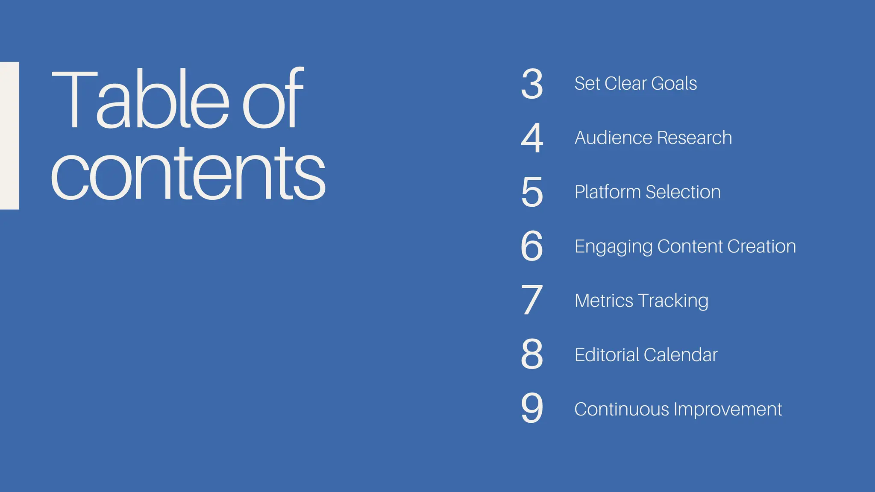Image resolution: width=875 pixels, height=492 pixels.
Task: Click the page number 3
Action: [532, 84]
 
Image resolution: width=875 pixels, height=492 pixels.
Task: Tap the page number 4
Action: [532, 138]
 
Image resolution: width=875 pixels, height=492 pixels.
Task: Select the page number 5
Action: [532, 192]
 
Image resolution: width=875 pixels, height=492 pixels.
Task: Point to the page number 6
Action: [532, 246]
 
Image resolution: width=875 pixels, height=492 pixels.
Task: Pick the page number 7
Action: [532, 301]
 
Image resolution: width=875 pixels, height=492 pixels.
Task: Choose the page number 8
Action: [532, 354]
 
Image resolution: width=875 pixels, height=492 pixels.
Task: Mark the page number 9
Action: [532, 409]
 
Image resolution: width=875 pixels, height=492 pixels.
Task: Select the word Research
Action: [695, 138]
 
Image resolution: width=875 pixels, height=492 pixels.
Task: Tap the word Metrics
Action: [604, 301]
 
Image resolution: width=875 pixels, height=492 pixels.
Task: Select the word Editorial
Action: [607, 355]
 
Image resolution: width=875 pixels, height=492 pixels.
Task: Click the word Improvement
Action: [728, 409]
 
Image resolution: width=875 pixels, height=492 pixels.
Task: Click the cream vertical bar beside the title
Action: [9, 136]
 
